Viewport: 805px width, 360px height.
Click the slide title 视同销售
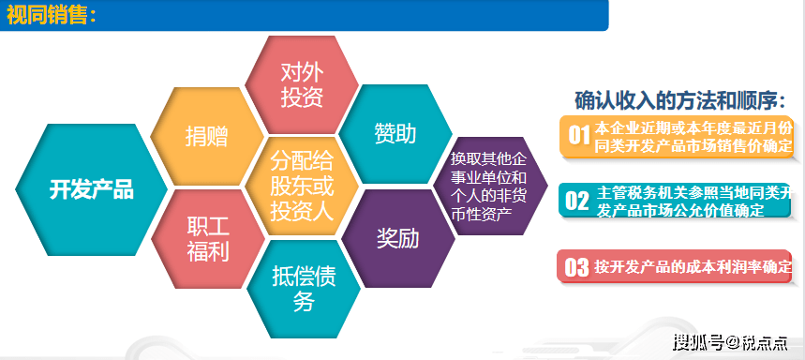51,15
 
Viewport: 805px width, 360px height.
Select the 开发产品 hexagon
92,189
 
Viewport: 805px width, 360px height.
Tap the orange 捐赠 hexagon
207,137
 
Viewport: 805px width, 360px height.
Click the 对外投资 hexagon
302,84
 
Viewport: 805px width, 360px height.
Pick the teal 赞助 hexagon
395,134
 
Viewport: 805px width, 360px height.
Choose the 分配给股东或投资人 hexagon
302,187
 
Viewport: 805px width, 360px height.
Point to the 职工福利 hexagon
208,239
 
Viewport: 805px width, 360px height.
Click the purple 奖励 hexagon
398,238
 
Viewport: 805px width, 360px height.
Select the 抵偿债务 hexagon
304,289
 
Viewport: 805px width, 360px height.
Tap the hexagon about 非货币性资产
490,186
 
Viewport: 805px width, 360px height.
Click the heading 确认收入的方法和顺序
679,100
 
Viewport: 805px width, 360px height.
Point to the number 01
578,136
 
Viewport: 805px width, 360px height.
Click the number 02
577,201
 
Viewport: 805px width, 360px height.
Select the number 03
576,267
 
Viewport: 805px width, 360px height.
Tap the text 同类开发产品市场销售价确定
693,146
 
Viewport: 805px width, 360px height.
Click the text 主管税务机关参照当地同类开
694,193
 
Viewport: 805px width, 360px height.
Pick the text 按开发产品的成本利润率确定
693,267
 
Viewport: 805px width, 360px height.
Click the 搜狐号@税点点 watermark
730,341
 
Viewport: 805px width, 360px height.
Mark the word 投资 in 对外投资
302,97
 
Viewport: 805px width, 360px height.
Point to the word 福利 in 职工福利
208,251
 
